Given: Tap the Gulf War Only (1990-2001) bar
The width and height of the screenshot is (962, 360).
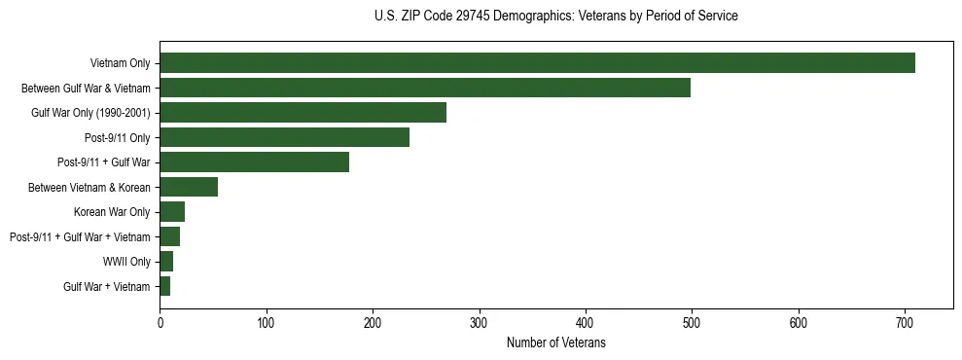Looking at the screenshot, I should (x=303, y=113).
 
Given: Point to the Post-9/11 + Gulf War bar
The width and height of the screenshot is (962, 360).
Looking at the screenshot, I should (x=254, y=162).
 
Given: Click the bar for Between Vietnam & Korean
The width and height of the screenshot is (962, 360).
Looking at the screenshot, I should (x=189, y=187).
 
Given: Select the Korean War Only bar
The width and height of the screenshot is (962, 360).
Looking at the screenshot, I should (x=172, y=212).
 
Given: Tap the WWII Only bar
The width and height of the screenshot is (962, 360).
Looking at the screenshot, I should (x=166, y=262).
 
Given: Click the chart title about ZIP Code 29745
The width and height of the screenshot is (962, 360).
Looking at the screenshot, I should (x=555, y=17).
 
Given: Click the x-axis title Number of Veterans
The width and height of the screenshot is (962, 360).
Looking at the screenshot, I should (x=555, y=342).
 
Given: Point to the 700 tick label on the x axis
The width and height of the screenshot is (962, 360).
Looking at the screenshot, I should (x=905, y=322).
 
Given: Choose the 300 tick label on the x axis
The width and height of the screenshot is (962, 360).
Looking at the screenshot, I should (x=479, y=322).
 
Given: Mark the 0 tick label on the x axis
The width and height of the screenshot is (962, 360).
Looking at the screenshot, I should (x=160, y=322).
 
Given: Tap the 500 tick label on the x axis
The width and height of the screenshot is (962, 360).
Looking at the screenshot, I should (x=692, y=322).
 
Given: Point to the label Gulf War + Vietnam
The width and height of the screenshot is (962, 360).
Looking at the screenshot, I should (x=107, y=286).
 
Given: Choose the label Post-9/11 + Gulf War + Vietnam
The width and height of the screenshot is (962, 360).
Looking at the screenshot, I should (x=80, y=236).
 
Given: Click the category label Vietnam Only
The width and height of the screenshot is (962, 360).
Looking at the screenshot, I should (x=120, y=63).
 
